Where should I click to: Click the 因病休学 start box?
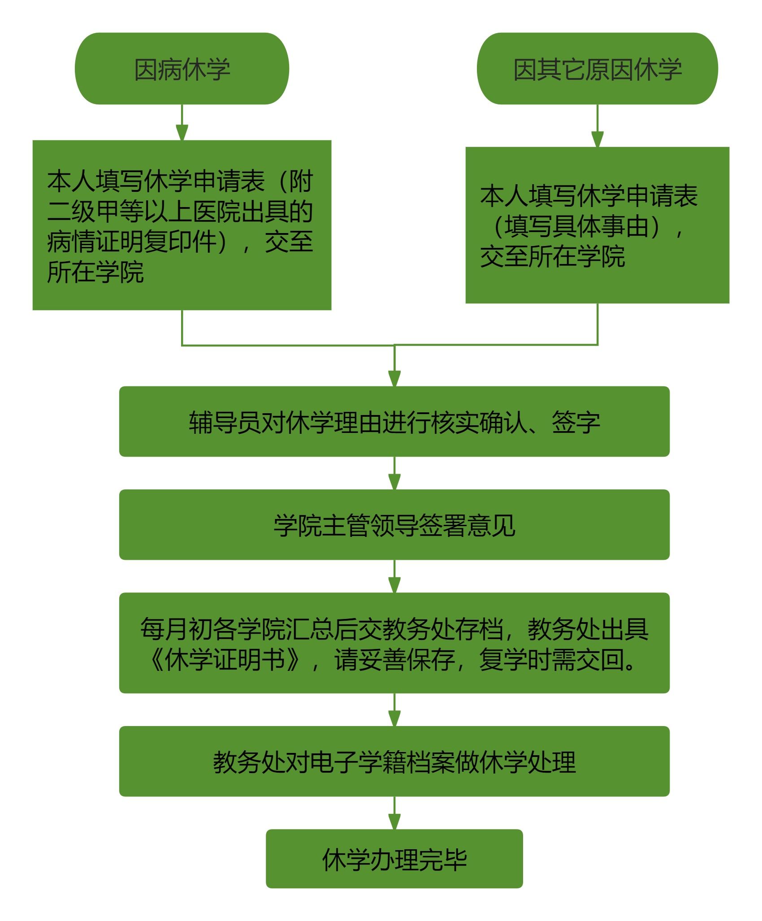pyautogui.click(x=182, y=69)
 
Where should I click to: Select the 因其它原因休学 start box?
pyautogui.click(x=597, y=69)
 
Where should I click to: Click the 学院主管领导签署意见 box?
pyautogui.click(x=394, y=525)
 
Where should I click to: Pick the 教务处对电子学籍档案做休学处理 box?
pyautogui.click(x=394, y=761)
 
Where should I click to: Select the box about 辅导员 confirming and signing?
pyautogui.click(x=394, y=422)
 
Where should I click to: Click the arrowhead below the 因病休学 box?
pyautogui.click(x=182, y=133)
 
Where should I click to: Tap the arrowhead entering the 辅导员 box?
pyautogui.click(x=394, y=378)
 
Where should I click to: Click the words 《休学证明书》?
pyautogui.click(x=224, y=660)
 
